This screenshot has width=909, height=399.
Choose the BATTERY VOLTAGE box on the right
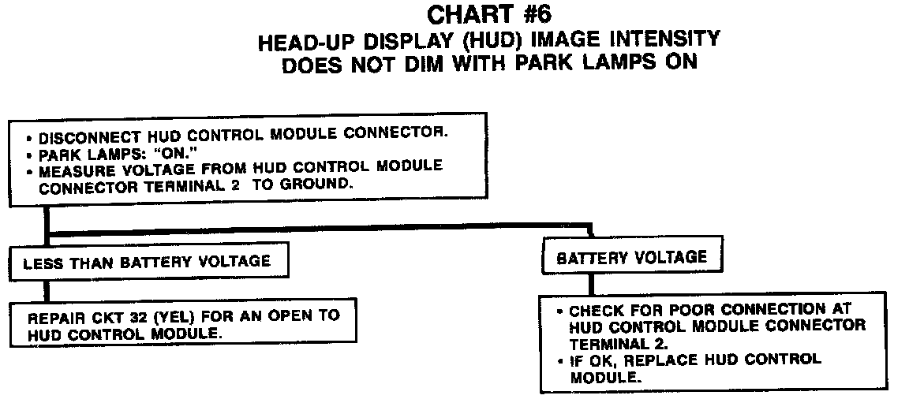(632, 258)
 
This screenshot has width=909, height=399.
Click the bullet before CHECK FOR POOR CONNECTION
(560, 311)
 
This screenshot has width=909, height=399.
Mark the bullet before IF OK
(560, 360)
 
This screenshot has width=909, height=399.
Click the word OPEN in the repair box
(282, 317)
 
